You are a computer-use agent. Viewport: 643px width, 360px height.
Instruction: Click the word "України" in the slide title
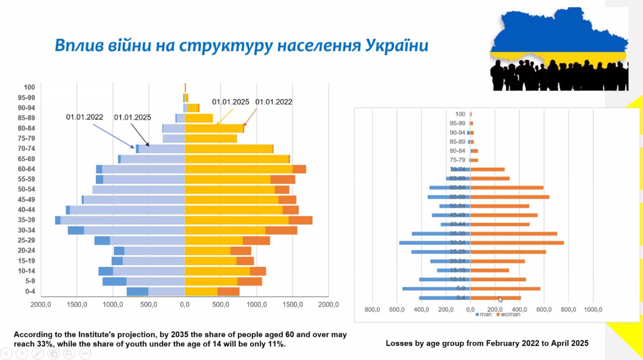pos(396,46)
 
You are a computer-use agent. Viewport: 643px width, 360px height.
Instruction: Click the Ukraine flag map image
pos(559,49)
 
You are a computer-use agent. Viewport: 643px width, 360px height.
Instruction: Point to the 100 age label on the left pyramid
pos(30,87)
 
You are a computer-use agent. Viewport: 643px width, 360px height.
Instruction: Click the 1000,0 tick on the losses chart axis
pos(593,309)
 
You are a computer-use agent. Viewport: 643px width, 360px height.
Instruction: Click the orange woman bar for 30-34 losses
pos(517,243)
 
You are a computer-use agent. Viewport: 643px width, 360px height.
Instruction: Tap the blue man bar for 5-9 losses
pos(436,289)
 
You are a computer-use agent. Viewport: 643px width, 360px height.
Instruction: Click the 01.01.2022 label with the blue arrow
pos(84,117)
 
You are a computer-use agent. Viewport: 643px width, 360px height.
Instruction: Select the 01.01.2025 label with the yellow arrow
pos(231,102)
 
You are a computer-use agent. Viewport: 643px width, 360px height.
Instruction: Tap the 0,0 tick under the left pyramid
pos(185,304)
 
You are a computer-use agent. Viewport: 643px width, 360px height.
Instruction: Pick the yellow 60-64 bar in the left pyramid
pos(239,169)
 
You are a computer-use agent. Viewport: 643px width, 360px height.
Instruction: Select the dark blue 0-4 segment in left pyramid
pos(137,292)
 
